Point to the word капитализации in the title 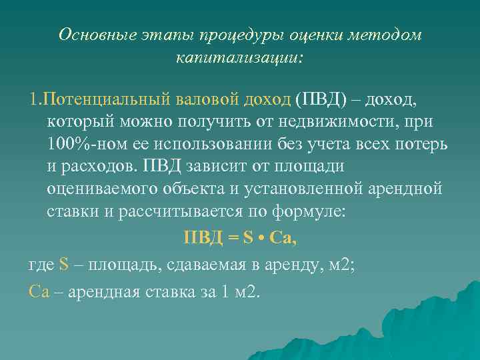coord(238,58)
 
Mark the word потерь coord(423,145)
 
